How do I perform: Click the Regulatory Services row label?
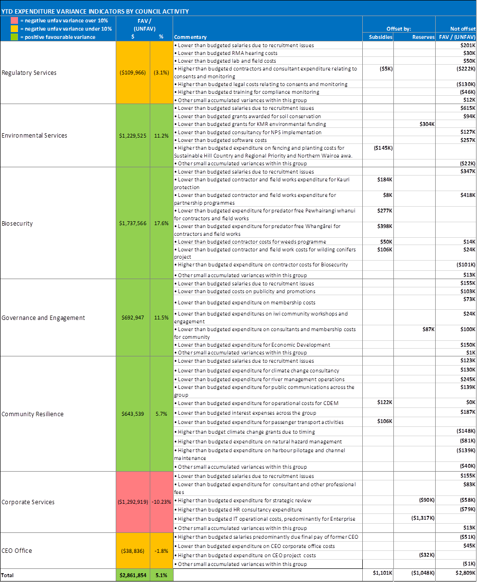point(29,72)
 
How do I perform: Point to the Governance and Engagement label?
point(43,317)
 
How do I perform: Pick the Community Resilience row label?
point(33,414)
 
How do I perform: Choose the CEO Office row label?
point(17,550)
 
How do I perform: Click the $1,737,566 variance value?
point(133,223)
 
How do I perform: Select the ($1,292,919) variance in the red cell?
point(133,502)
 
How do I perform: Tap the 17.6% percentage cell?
point(161,223)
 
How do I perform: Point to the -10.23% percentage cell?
point(161,502)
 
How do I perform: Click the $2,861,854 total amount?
point(133,575)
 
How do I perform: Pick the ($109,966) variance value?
point(133,72)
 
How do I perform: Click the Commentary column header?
point(190,37)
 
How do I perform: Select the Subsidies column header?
point(378,37)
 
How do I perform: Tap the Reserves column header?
point(423,37)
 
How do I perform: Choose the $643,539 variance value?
point(133,414)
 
